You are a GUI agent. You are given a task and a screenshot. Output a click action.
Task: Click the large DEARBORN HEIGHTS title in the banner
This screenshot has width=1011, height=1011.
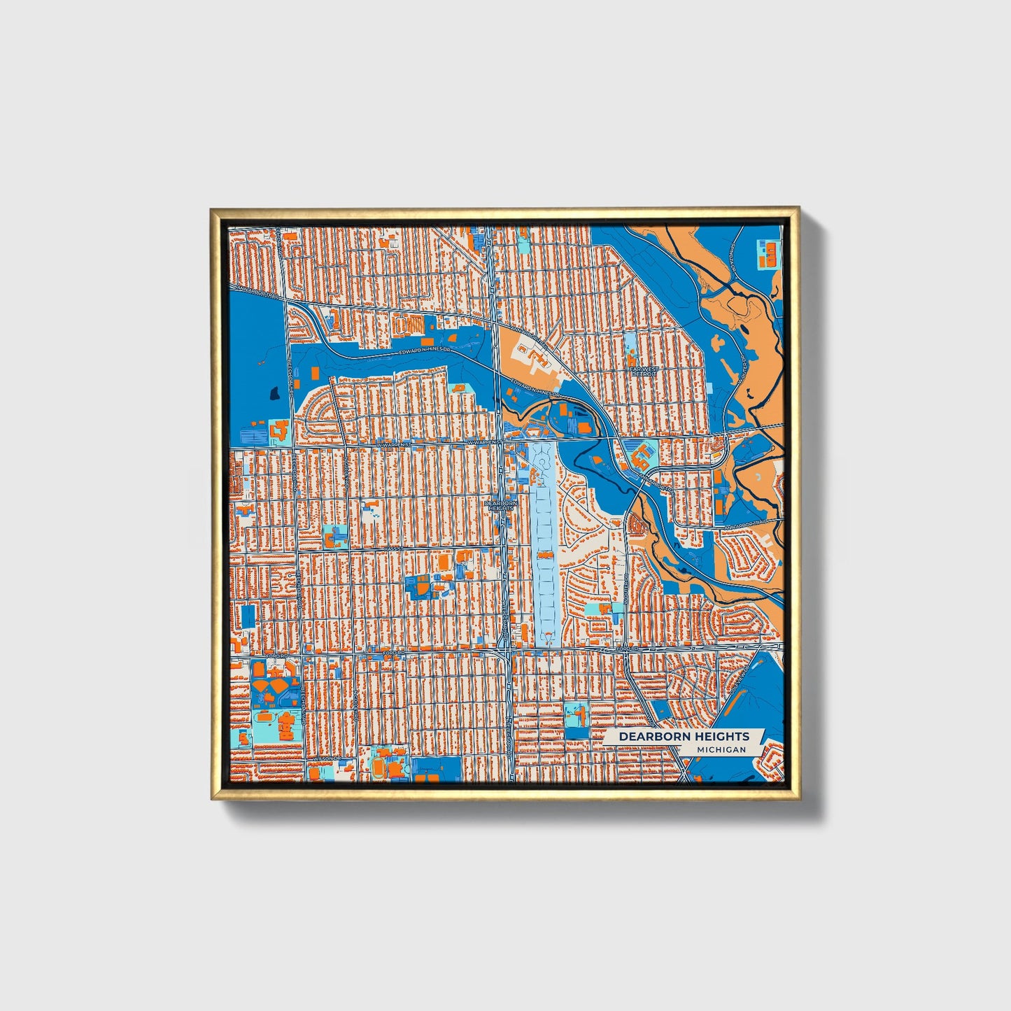pyautogui.click(x=684, y=737)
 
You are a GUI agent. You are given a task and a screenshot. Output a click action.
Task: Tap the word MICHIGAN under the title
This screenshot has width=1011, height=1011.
pyautogui.click(x=721, y=749)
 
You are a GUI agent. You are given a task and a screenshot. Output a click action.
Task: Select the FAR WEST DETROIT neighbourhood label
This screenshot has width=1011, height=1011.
pyautogui.click(x=644, y=371)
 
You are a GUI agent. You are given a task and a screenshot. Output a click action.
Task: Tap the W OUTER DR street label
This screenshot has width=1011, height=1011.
pyautogui.click(x=741, y=369)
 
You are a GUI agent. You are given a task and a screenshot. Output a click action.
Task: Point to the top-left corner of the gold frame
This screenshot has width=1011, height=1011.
pyautogui.click(x=211, y=208)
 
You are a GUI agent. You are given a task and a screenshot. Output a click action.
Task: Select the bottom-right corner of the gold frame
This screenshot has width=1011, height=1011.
pyautogui.click(x=799, y=799)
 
